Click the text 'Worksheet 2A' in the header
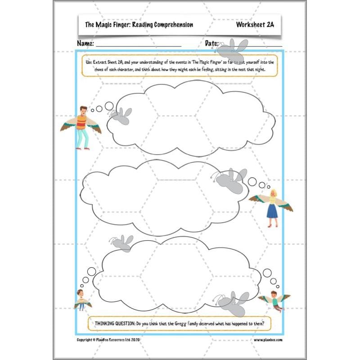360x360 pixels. coord(255,25)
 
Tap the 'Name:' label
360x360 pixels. coord(85,44)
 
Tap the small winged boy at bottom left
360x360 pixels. coord(82,300)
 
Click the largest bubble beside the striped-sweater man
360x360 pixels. coord(109,106)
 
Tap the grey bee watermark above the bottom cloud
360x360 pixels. coord(122,242)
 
